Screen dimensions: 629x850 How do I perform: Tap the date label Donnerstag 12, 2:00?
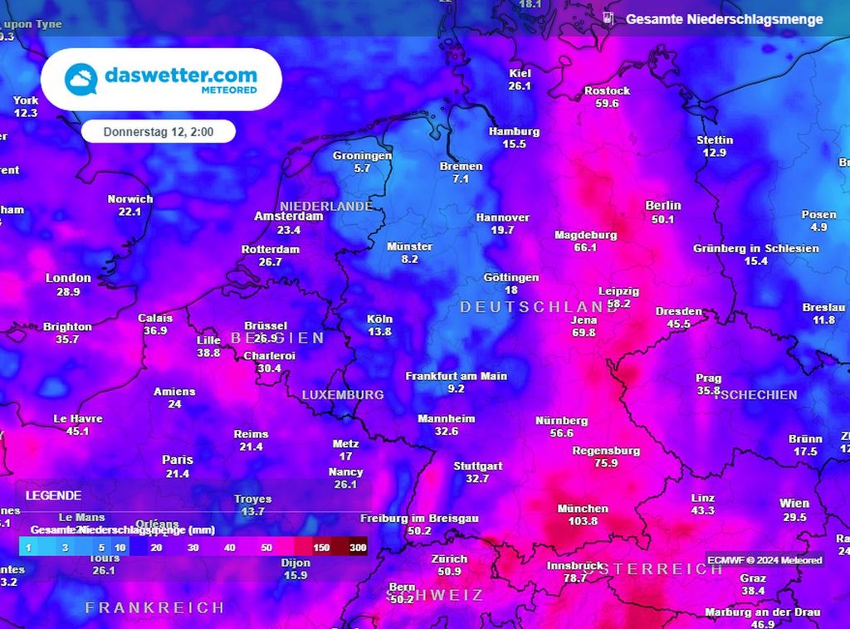tap(158, 132)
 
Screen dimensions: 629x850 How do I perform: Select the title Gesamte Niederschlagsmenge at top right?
tap(724, 19)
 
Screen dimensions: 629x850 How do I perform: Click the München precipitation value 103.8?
tap(584, 521)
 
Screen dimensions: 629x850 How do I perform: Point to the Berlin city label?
tap(662, 205)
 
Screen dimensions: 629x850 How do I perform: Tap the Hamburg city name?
tap(514, 131)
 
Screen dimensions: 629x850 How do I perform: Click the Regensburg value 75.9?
tap(606, 463)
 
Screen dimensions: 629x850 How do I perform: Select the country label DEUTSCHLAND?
tap(528, 307)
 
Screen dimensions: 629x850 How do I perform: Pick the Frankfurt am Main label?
tap(456, 376)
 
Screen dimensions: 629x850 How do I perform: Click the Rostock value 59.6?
tap(607, 104)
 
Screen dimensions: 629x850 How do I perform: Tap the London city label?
tap(68, 278)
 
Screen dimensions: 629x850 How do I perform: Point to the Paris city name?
tap(178, 460)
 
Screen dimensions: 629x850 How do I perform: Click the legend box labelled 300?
tap(358, 548)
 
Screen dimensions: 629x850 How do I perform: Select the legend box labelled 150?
tap(321, 548)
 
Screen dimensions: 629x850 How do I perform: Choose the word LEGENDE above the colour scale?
tap(53, 495)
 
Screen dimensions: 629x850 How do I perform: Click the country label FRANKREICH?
tap(154, 608)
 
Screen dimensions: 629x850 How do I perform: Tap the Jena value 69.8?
tap(584, 333)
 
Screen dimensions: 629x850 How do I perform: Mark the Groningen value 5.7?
tap(362, 168)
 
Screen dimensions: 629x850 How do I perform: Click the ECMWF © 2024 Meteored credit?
tap(765, 560)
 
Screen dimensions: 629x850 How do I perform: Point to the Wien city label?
tap(794, 504)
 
